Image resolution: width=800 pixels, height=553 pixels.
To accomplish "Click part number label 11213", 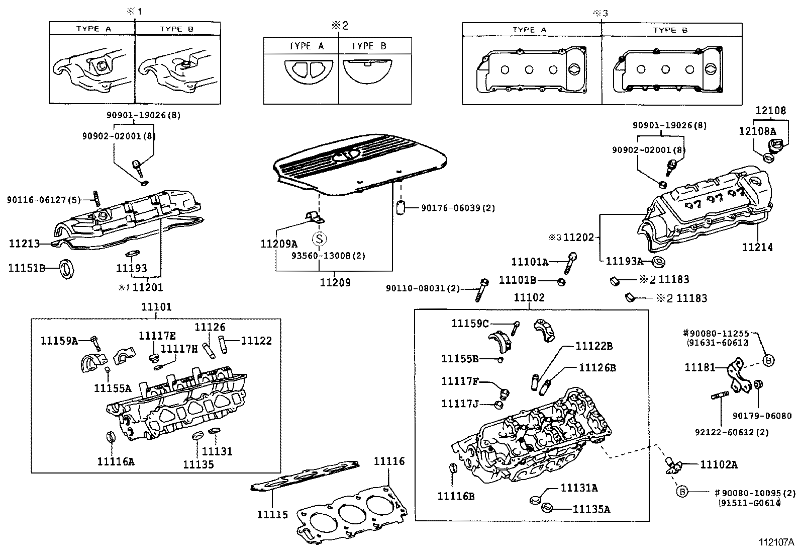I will (x=24, y=244).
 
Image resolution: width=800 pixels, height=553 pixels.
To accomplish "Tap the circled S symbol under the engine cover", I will (x=318, y=239).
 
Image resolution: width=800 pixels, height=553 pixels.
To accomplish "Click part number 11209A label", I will (x=279, y=244).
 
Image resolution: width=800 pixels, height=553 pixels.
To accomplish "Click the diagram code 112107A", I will (x=776, y=542).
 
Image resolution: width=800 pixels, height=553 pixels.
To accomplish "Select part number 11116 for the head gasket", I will (x=389, y=461).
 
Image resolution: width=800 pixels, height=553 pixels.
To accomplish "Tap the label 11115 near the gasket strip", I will (x=272, y=514).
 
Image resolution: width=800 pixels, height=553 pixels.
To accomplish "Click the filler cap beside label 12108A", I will (x=772, y=147).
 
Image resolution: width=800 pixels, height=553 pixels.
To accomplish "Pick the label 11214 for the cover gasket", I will (x=757, y=248).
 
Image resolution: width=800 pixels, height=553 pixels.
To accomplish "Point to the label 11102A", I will (x=719, y=464).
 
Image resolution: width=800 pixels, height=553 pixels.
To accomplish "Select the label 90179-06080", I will (x=762, y=416).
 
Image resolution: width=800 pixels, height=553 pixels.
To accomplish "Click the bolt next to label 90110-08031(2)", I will (x=481, y=290).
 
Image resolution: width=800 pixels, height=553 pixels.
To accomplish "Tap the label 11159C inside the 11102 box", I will (x=470, y=323).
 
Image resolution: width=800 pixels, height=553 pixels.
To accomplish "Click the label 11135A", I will (x=591, y=509).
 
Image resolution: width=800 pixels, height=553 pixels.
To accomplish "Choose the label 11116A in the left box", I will (x=116, y=461).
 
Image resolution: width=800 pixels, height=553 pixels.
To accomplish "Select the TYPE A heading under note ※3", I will (x=529, y=30).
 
